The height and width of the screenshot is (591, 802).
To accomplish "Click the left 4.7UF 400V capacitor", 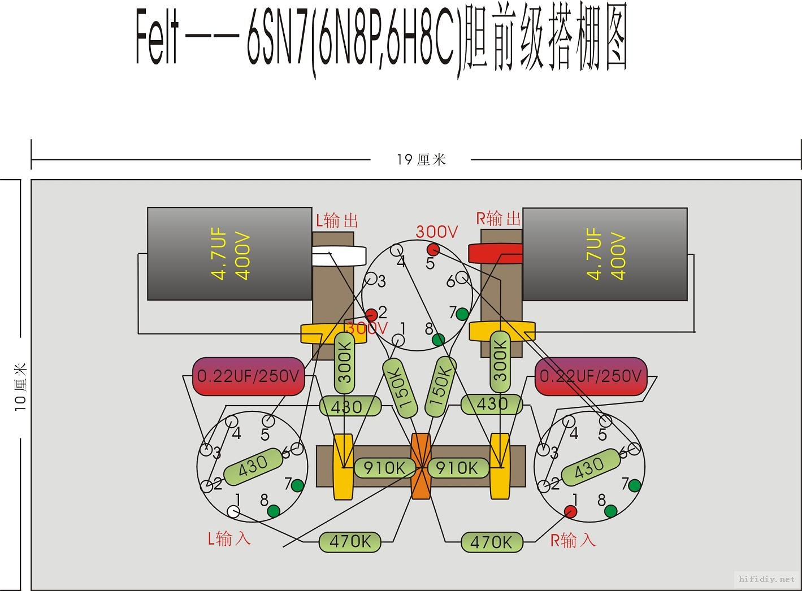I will (x=229, y=254).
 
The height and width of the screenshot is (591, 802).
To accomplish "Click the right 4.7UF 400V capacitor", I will (x=605, y=254).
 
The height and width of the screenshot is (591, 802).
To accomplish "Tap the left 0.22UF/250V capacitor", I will (x=249, y=376).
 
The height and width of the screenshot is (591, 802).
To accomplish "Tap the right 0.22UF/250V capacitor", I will (x=591, y=376).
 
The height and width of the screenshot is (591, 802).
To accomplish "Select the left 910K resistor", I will (x=383, y=468).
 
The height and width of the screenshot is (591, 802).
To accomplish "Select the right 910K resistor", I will (x=457, y=468).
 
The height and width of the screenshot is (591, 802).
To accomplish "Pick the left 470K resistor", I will (x=350, y=541).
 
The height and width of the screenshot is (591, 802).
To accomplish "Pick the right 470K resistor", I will (x=491, y=542).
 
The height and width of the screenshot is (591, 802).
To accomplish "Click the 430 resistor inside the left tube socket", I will (x=253, y=466).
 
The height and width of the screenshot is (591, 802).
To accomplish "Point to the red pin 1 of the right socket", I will (x=571, y=511).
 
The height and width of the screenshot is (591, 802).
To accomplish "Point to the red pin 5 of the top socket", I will (x=433, y=249).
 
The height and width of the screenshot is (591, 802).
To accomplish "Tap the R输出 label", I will (x=498, y=218).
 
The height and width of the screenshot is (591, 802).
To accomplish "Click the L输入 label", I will (x=229, y=538).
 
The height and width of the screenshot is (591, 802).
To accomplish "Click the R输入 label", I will (x=573, y=540).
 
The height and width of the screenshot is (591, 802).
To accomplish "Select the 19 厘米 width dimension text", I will (x=421, y=160).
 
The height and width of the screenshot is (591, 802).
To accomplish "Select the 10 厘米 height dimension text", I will (x=20, y=387).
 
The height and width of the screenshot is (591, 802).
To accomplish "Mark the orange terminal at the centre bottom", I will (x=420, y=467).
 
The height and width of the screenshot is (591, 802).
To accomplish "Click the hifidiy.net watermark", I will (x=767, y=579).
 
